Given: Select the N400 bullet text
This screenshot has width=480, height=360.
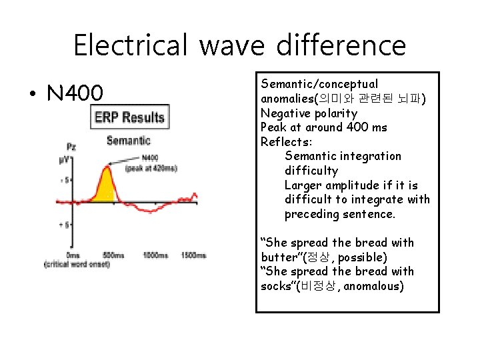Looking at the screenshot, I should (x=75, y=94).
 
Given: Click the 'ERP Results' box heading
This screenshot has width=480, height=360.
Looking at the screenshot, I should (x=129, y=118).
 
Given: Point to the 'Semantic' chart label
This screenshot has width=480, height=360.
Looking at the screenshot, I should (x=128, y=141).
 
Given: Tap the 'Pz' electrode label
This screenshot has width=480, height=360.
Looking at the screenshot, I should (x=71, y=147).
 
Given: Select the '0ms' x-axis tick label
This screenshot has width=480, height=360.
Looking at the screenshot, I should (x=73, y=255).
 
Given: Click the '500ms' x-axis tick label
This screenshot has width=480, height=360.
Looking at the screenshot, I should (x=113, y=255).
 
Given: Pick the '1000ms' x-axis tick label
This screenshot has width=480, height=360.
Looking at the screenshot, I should (x=155, y=255).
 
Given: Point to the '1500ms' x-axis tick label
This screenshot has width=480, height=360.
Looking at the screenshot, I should (x=194, y=255).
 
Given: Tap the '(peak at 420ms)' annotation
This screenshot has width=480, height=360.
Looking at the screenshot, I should (x=151, y=169).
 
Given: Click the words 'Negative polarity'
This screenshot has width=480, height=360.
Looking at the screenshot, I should (x=309, y=113).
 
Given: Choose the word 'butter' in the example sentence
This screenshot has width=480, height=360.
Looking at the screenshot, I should (x=279, y=257).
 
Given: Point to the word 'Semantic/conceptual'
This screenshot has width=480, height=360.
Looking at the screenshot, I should (x=319, y=84).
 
